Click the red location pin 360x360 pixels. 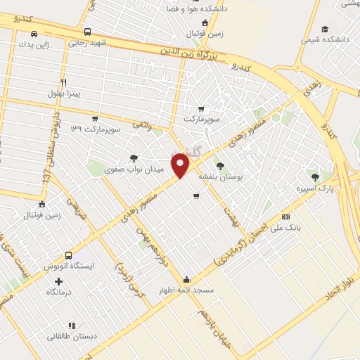tap(181, 165)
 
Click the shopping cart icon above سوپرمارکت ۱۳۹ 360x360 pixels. tap(96, 118)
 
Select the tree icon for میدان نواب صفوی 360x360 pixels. tap(134, 158)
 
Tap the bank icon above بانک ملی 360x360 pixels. tap(285, 217)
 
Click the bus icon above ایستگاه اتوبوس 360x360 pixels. tap(68, 255)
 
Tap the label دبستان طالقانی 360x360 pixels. tap(71, 336)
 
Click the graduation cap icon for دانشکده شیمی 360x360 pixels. tap(324, 29)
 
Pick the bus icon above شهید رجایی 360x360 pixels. tap(87, 32)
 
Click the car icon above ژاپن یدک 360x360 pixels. tap(34, 34)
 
